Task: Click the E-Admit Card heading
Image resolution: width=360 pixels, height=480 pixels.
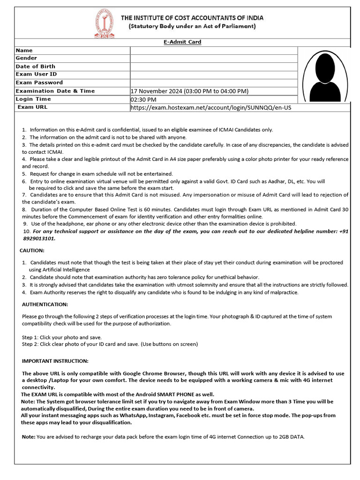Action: point(182,42)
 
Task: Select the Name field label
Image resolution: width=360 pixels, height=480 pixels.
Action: point(24,51)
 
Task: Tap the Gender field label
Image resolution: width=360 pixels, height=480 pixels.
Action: point(26,59)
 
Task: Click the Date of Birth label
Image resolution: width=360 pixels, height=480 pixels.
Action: point(35,67)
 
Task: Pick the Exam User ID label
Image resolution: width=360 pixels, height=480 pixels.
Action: point(36,75)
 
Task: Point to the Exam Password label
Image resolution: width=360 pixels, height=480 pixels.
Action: point(39,82)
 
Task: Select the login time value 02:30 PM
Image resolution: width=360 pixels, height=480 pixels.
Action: point(143,99)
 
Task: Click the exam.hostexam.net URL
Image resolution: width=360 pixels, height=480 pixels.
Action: point(210,108)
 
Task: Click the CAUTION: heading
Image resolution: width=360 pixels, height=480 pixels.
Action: point(32,251)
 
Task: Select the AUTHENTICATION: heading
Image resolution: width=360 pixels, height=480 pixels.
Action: point(45,305)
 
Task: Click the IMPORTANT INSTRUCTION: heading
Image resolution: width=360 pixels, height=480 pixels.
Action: point(55,361)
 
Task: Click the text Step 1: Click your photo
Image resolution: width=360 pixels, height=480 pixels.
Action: point(61,337)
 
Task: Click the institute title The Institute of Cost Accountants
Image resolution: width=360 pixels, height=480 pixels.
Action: point(192,18)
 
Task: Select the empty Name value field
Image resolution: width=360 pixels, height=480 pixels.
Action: point(214,51)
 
